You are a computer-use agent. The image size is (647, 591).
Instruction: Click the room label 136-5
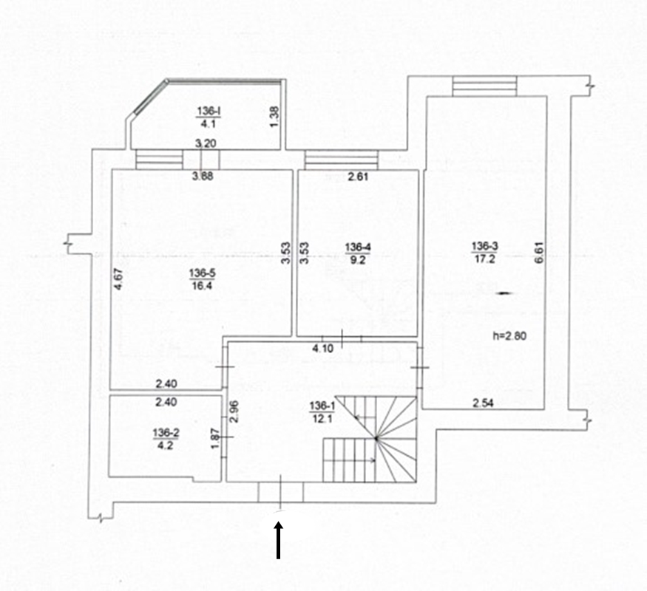(x=202, y=273)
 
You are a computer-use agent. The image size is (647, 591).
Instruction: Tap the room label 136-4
(x=358, y=247)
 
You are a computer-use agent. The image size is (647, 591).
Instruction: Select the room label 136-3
(x=485, y=246)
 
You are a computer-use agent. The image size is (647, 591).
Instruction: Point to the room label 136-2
(x=166, y=433)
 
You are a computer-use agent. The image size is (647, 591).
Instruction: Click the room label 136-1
(x=322, y=406)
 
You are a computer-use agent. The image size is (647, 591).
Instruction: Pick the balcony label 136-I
(x=208, y=111)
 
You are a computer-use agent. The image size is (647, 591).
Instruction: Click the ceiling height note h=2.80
(x=510, y=336)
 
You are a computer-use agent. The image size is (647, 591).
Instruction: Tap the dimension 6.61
(x=540, y=252)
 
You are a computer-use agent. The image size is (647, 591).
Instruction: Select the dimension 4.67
(x=118, y=279)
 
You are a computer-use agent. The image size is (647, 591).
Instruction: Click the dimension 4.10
(x=322, y=349)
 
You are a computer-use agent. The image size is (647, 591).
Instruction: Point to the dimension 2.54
(x=483, y=403)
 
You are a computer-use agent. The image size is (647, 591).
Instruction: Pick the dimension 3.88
(x=203, y=176)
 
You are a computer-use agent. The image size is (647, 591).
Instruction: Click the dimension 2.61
(x=358, y=177)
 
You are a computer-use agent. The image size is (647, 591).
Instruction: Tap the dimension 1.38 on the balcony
(x=275, y=117)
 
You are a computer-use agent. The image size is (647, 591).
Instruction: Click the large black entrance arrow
(x=279, y=540)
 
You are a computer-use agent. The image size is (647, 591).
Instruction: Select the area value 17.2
(x=485, y=259)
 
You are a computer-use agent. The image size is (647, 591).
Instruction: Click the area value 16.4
(x=202, y=285)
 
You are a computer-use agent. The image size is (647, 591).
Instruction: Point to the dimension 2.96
(x=234, y=411)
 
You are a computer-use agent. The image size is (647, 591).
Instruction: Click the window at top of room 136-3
(x=484, y=86)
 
